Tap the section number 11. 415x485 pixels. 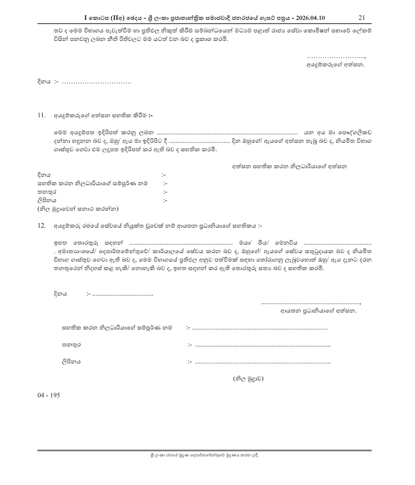click(41, 115)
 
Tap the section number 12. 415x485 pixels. click(41, 226)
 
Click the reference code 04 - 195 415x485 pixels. click(49, 395)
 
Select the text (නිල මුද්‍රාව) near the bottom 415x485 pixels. click(248, 378)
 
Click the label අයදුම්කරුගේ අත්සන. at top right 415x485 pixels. click(336, 64)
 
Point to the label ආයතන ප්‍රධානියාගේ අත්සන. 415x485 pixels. click(318, 311)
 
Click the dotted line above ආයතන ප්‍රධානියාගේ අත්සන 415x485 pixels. click(311, 303)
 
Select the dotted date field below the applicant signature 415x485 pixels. click(96, 82)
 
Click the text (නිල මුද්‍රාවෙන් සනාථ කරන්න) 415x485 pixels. click(78, 209)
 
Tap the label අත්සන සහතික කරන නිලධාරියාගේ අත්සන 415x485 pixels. click(289, 166)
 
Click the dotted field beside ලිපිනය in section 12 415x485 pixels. click(263, 362)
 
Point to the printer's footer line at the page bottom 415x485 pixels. click(204, 455)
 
